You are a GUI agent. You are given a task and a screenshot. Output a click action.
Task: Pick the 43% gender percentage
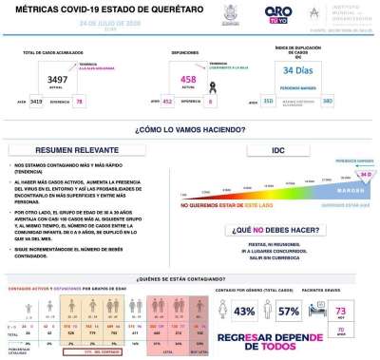pyautogui.click(x=245, y=311)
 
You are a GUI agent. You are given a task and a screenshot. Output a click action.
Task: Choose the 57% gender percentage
pyautogui.click(x=289, y=311)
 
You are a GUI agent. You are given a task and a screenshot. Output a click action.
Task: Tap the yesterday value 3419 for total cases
pyautogui.click(x=35, y=100)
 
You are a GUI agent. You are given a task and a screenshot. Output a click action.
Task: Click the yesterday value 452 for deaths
pyautogui.click(x=169, y=100)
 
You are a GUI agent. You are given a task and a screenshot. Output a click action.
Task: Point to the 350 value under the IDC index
pyautogui.click(x=269, y=100)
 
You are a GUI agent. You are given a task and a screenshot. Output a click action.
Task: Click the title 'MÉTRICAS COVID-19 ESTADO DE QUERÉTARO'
pyautogui.click(x=83, y=9)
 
